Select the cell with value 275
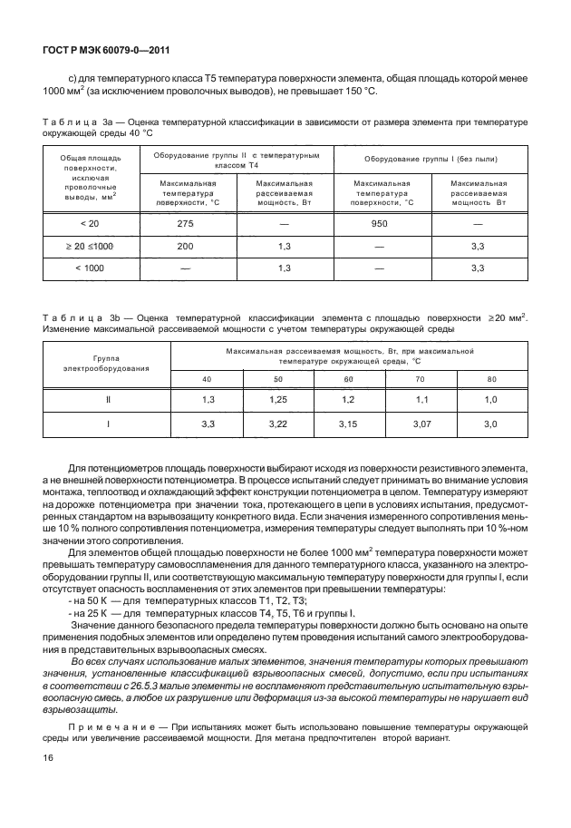click(187, 224)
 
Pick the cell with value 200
click(187, 246)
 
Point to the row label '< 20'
click(89, 224)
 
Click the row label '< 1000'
click(89, 268)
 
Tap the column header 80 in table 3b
click(491, 378)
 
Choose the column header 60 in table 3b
click(349, 378)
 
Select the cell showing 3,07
click(420, 424)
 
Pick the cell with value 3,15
click(349, 424)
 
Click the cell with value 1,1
click(420, 399)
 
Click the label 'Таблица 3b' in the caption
click(82, 317)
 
